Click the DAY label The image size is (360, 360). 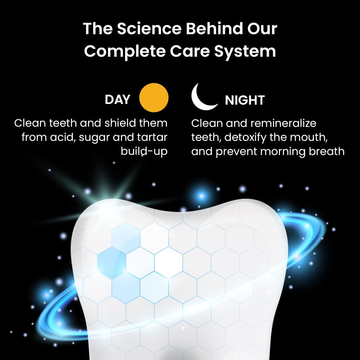(x=117, y=99)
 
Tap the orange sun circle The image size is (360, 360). (x=154, y=97)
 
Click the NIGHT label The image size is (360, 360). (x=245, y=100)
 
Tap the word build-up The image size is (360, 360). (x=144, y=151)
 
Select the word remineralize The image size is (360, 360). (x=277, y=123)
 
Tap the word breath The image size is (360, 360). (x=325, y=151)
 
